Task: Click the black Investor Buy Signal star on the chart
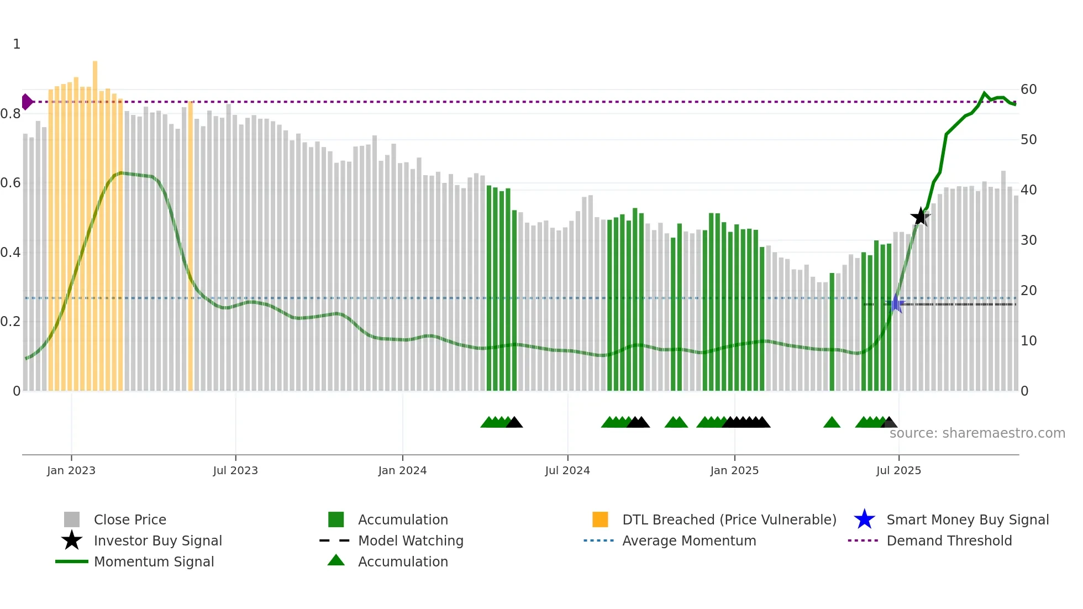tap(920, 217)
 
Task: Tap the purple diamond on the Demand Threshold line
tap(27, 102)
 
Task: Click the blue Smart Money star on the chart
tap(896, 304)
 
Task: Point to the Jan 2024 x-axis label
tap(402, 470)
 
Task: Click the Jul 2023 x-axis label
tap(235, 470)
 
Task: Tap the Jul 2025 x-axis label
tap(898, 470)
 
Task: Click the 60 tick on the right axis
tap(1028, 90)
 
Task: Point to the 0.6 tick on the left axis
tap(10, 183)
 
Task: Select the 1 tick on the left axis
tap(17, 44)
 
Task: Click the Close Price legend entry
tap(130, 519)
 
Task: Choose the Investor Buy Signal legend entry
tap(157, 540)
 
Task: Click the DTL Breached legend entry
tap(729, 519)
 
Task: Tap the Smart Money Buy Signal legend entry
tap(967, 519)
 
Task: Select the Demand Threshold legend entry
tap(949, 540)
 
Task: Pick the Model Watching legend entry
tap(410, 540)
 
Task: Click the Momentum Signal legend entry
tap(154, 561)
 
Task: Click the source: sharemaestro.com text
tap(977, 433)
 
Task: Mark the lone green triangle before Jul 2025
tap(832, 423)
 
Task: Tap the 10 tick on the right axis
tap(1028, 341)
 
